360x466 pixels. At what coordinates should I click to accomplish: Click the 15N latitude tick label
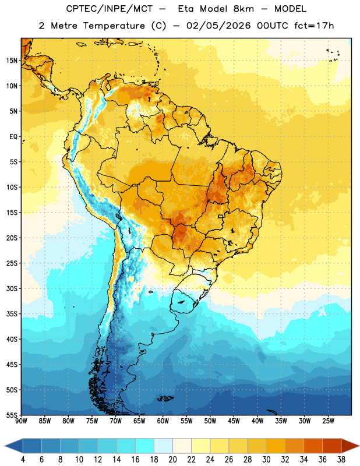(12, 61)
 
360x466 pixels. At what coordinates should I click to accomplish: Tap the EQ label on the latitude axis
(13, 137)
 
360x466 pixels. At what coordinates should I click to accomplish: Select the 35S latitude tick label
(12, 314)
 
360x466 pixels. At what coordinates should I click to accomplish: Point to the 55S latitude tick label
(12, 415)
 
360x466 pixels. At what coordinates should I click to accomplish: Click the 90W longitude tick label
(21, 421)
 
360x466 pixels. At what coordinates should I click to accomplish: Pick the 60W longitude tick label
(163, 421)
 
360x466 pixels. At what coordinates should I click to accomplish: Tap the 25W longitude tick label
(328, 421)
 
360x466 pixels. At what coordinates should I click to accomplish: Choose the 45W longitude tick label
(234, 421)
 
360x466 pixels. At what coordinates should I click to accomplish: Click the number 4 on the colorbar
(23, 460)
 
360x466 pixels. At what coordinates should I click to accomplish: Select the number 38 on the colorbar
(341, 460)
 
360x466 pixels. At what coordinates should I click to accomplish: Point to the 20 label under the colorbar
(172, 460)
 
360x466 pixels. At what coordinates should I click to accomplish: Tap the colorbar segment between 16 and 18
(145, 446)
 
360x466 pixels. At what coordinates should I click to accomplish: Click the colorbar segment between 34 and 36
(313, 446)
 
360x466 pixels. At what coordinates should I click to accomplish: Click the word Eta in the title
(186, 9)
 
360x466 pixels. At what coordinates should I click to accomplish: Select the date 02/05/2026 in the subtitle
(218, 26)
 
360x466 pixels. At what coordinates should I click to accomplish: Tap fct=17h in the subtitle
(314, 26)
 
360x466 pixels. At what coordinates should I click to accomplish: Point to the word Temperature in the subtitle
(114, 26)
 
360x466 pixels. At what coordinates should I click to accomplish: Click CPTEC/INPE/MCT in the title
(109, 9)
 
